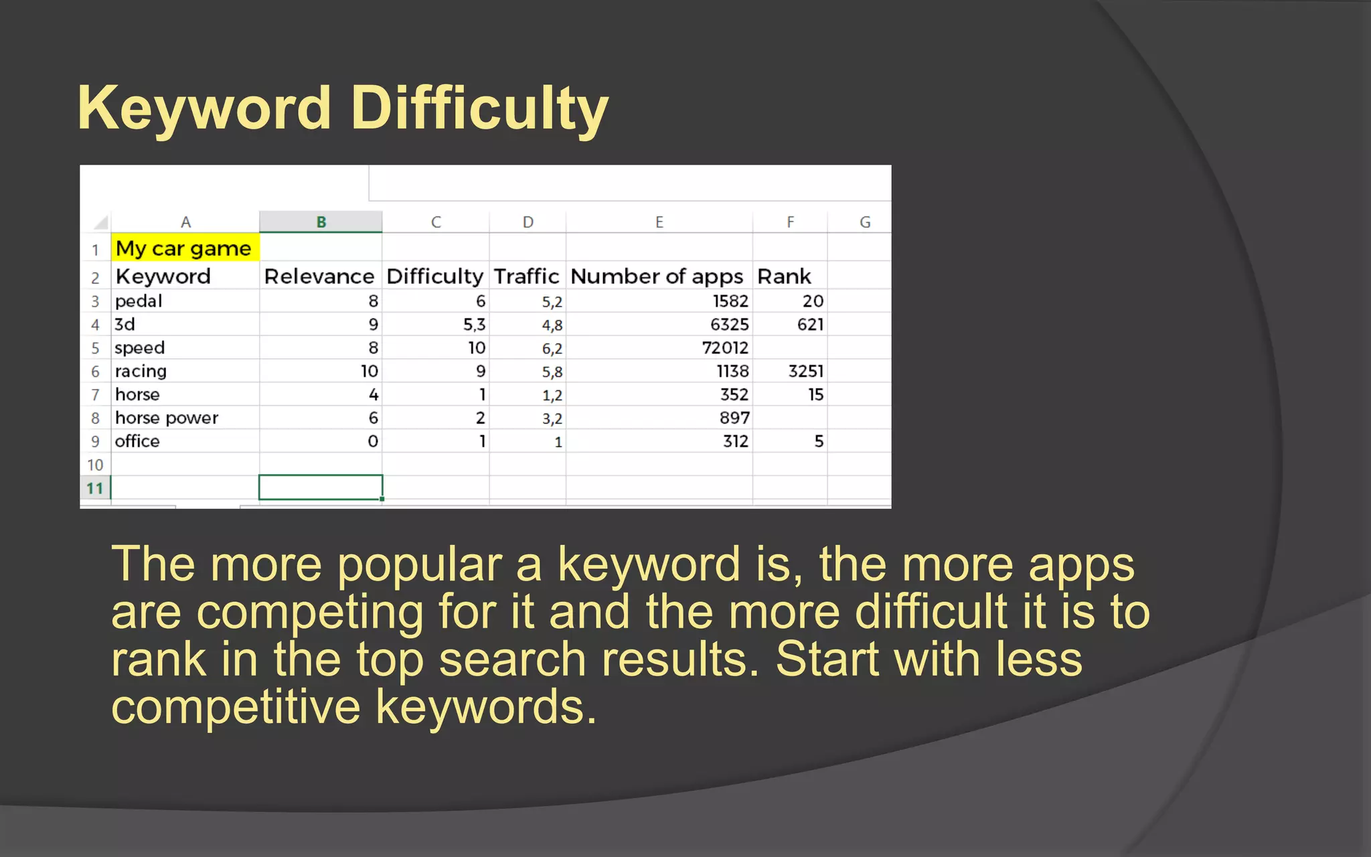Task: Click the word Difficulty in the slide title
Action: [479, 108]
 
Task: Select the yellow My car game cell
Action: [183, 248]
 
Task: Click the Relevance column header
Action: [319, 277]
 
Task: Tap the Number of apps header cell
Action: [657, 277]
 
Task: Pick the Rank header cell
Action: [784, 277]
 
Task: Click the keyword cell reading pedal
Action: [139, 301]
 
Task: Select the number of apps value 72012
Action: [725, 348]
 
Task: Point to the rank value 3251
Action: [806, 372]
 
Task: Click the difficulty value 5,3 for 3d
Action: [474, 325]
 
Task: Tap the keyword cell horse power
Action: [167, 418]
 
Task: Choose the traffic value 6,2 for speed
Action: [552, 349]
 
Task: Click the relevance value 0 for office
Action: [373, 442]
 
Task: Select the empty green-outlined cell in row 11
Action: [321, 487]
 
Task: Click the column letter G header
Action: [865, 222]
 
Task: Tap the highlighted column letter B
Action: [321, 222]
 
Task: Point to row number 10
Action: [95, 465]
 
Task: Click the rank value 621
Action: [810, 325]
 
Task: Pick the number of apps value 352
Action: [734, 395]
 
